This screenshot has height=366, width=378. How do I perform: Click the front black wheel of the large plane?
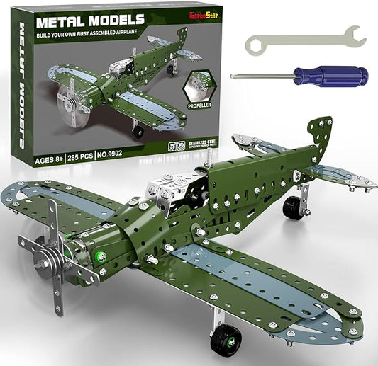(226, 340)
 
